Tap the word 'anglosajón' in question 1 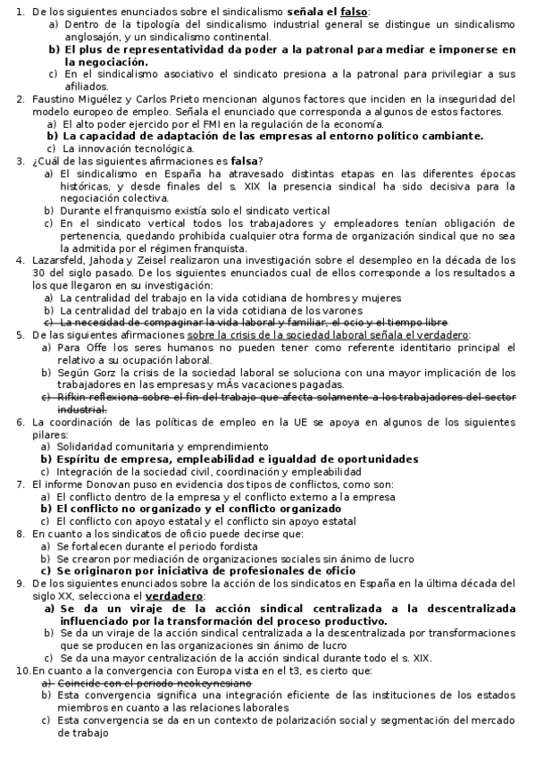click(89, 37)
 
